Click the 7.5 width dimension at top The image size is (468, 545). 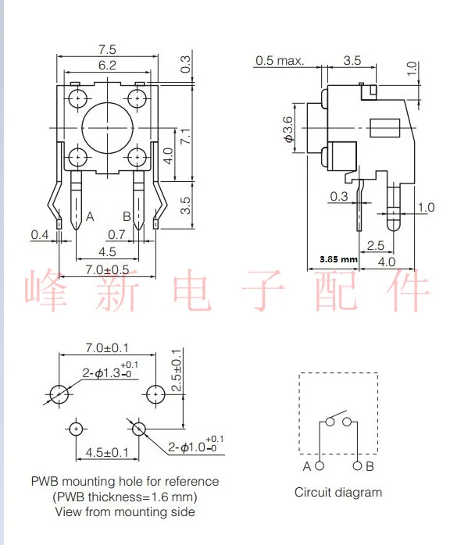click(108, 48)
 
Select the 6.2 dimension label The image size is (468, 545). click(108, 66)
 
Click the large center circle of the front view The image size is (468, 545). click(108, 128)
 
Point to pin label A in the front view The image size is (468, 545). click(91, 216)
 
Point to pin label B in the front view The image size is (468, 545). click(126, 216)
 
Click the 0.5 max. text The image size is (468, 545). click(279, 61)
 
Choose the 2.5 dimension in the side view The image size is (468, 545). click(375, 245)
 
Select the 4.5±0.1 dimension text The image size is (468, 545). click(107, 452)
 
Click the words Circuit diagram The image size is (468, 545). click(338, 492)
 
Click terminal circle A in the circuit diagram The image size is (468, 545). click(320, 466)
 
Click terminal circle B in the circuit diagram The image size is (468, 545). click(357, 466)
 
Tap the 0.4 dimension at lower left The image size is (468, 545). click(40, 234)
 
